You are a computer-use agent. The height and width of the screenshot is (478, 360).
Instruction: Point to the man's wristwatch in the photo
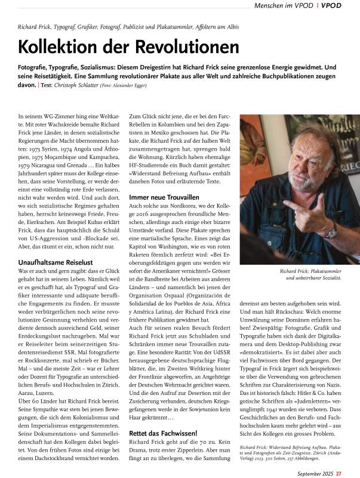pyautogui.click(x=330, y=231)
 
